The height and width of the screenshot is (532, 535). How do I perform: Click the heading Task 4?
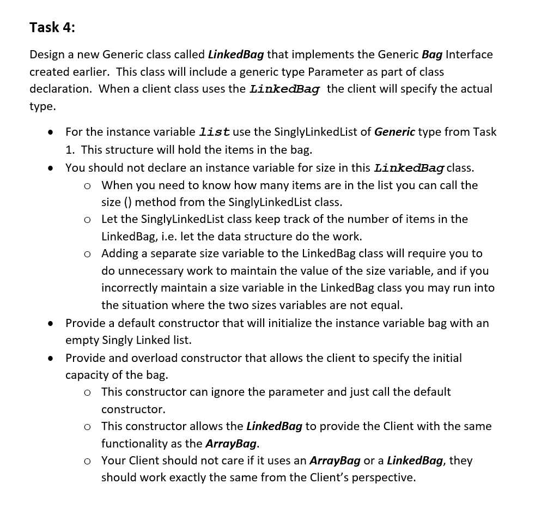click(x=52, y=28)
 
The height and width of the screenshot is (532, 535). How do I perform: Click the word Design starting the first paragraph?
click(x=47, y=55)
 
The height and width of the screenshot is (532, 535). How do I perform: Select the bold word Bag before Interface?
click(x=432, y=55)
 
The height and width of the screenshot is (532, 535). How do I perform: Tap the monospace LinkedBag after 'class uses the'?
click(x=284, y=89)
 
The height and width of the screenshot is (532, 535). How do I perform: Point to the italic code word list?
click(x=214, y=132)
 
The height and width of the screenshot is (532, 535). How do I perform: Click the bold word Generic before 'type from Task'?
click(x=394, y=132)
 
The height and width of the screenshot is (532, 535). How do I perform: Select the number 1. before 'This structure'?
click(x=70, y=149)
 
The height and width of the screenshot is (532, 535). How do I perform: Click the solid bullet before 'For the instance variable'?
click(x=50, y=132)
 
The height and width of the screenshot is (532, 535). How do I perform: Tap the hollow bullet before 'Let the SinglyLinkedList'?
click(x=87, y=220)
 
